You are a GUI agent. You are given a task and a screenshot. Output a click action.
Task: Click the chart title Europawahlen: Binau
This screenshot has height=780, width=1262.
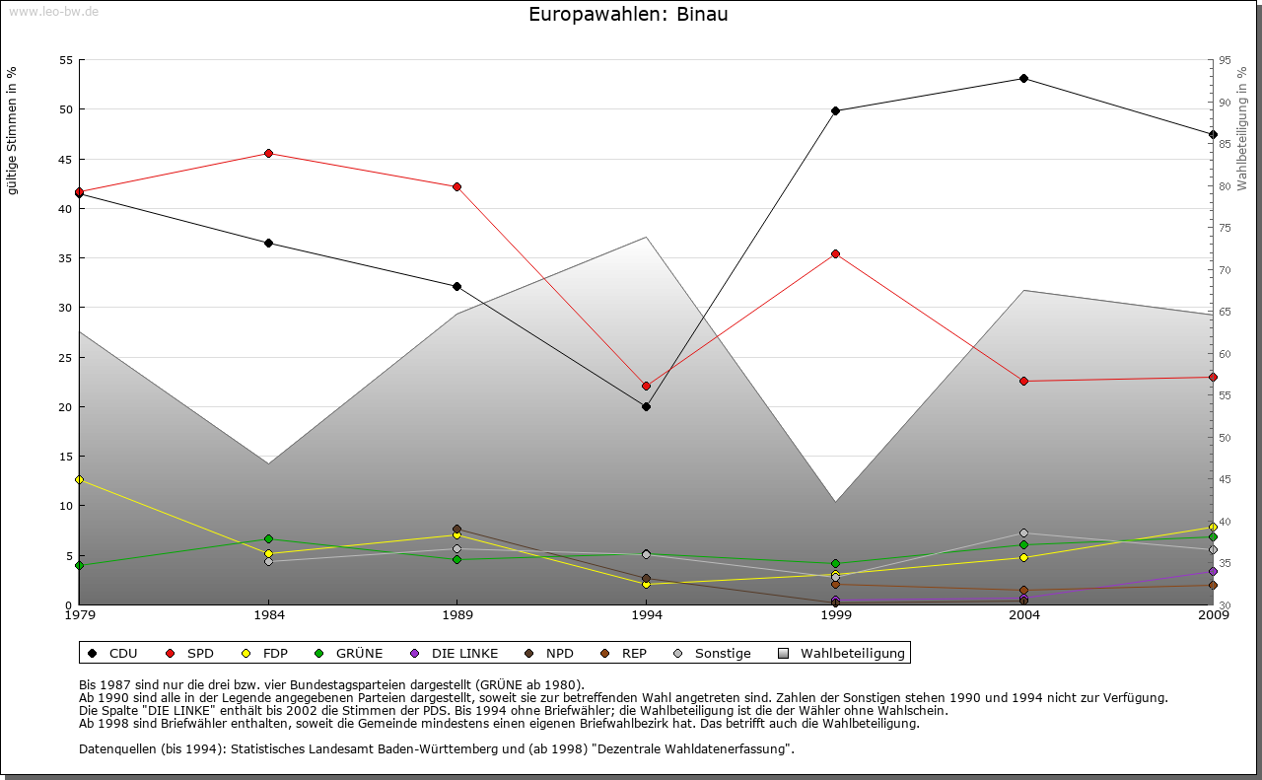628,15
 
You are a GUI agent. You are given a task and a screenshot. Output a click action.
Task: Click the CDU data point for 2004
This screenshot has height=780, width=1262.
1023,78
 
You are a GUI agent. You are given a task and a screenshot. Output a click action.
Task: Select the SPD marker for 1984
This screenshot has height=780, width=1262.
268,153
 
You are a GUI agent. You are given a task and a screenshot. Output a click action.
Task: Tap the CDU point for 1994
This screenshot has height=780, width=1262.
646,406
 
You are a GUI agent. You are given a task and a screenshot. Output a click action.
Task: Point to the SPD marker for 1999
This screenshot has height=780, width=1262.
835,253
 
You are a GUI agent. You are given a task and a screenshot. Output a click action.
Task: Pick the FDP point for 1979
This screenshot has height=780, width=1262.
80,479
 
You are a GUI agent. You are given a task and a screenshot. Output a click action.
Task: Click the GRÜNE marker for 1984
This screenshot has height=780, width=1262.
268,538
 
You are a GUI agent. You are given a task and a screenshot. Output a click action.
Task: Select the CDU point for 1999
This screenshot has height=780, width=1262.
835,110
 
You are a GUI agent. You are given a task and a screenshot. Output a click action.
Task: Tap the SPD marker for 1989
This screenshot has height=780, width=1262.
456,186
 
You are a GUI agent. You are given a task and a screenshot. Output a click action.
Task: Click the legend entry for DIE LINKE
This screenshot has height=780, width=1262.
464,653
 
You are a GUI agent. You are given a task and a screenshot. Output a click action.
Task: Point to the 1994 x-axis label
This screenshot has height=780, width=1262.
647,616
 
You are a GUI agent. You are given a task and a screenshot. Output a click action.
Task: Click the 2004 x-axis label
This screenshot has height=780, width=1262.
1024,616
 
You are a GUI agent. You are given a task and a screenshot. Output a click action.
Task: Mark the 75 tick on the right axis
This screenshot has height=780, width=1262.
1225,228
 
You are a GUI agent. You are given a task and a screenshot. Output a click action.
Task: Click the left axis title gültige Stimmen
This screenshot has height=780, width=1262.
13,130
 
